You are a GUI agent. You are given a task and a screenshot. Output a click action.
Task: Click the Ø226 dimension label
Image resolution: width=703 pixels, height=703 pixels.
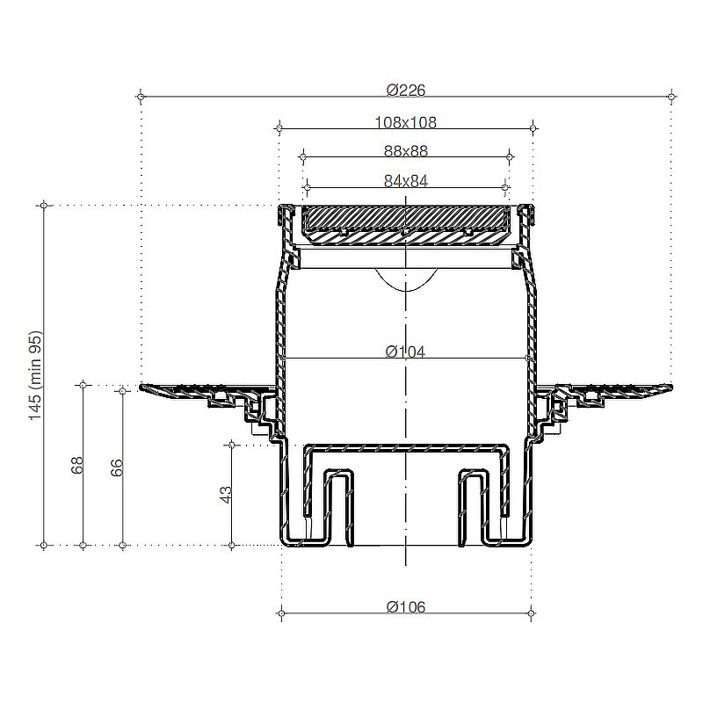tap(406, 91)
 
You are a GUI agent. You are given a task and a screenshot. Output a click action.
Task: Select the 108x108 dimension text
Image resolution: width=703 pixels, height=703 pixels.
tap(405, 122)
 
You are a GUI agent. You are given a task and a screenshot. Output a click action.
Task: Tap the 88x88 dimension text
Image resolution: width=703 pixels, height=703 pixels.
tap(406, 151)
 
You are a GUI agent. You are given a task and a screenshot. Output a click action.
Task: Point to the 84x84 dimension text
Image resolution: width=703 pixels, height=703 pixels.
tap(406, 181)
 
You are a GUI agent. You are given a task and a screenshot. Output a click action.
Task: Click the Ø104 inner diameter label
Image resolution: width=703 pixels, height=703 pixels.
tap(405, 352)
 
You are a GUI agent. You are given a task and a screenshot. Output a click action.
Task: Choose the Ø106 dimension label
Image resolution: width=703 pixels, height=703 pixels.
tap(406, 607)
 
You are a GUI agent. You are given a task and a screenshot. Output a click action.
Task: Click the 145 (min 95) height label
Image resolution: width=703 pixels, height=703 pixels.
tap(35, 375)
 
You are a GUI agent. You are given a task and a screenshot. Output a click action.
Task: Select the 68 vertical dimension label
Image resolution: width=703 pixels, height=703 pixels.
tap(76, 466)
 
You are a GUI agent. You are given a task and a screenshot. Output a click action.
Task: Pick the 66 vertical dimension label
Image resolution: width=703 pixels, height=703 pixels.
tap(116, 467)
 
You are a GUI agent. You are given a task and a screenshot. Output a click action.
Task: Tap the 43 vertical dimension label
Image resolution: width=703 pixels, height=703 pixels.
tap(226, 495)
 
